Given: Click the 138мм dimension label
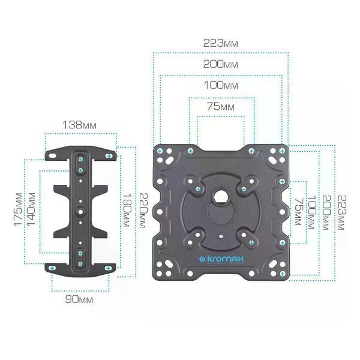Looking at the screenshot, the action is click(79, 125).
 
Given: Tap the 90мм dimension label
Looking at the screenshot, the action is click(79, 299).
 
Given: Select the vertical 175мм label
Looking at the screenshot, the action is click(19, 209).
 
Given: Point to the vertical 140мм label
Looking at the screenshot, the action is click(31, 209).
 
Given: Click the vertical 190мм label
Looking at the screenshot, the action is click(127, 210).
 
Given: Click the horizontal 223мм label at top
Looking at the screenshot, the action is click(221, 43).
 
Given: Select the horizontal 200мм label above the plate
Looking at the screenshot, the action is click(221, 64).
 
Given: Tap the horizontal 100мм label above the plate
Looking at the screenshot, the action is click(221, 85).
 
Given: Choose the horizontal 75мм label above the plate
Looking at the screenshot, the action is click(221, 107).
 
